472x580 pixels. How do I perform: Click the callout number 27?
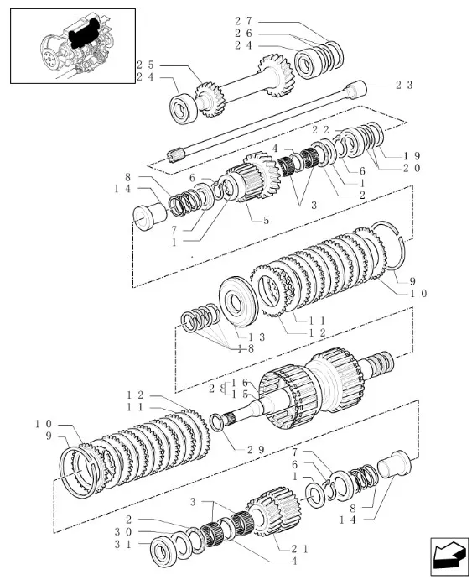243,21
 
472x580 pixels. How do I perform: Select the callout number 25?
145,65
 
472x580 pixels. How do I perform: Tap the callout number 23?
404,85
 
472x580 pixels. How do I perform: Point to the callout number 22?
320,130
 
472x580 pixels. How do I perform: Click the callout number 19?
412,156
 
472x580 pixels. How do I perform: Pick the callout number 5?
267,221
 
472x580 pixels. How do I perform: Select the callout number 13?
257,337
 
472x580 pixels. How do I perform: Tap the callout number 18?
246,349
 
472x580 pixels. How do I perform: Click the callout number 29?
257,450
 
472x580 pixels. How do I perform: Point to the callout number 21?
299,549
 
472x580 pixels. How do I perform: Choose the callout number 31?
122,544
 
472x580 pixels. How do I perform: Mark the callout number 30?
122,532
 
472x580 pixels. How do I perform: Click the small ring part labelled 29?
216,422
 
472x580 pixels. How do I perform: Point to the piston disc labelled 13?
239,301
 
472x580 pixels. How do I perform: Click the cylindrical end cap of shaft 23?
355,90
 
